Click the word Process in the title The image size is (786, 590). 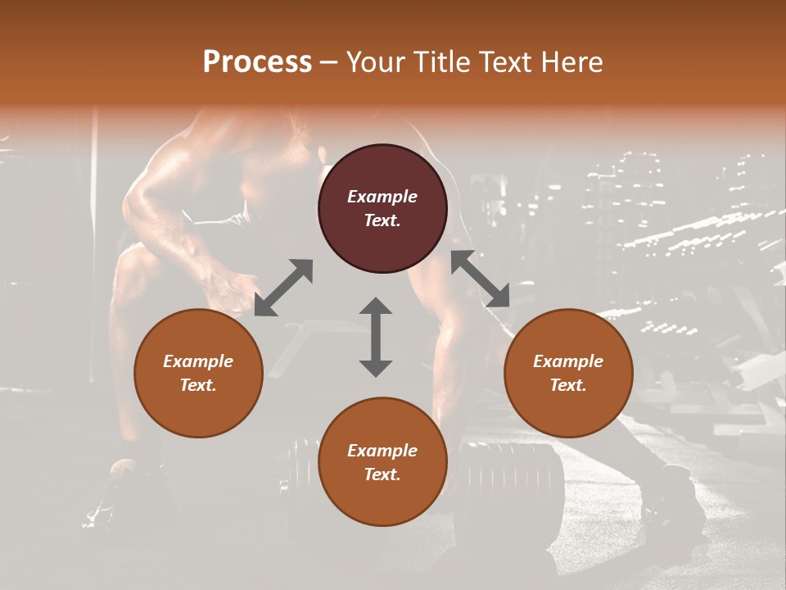point(257,62)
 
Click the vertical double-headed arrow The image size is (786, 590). point(376,337)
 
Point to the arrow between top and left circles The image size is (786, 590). point(283,288)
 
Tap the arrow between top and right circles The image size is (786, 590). point(480,279)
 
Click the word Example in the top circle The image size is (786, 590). point(382,197)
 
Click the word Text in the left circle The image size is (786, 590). point(198,385)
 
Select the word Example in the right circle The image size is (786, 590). point(568,361)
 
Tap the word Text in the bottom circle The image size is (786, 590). point(382,474)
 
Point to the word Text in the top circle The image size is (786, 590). point(382,220)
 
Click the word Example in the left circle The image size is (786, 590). point(198,361)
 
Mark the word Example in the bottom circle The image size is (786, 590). point(382,451)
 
